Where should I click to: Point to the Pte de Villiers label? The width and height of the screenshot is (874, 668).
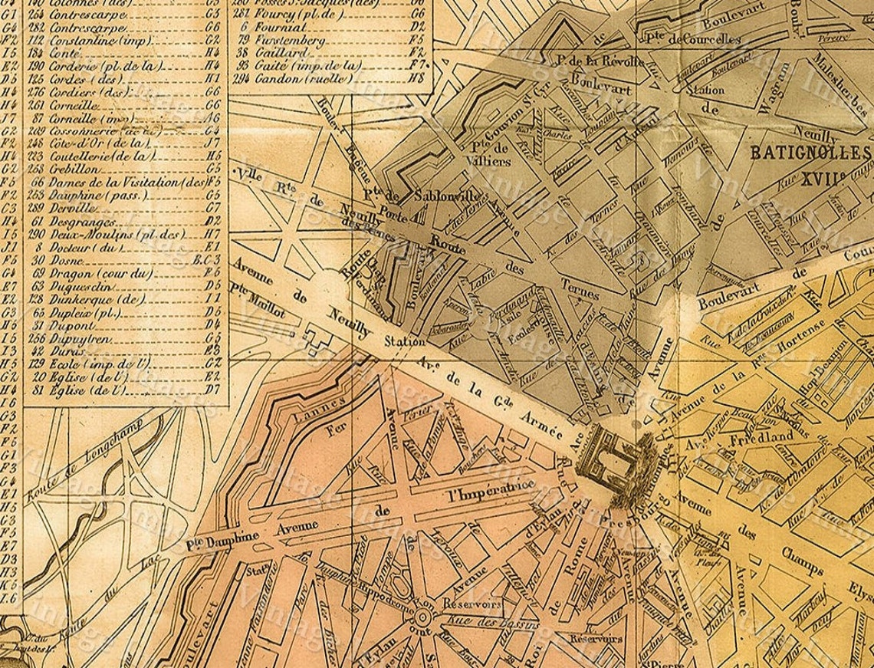[x=490, y=153]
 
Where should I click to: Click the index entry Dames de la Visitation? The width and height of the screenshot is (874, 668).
[x=127, y=183]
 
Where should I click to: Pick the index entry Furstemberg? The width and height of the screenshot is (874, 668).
[x=286, y=38]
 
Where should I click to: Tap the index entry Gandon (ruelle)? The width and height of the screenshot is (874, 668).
[x=296, y=78]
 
